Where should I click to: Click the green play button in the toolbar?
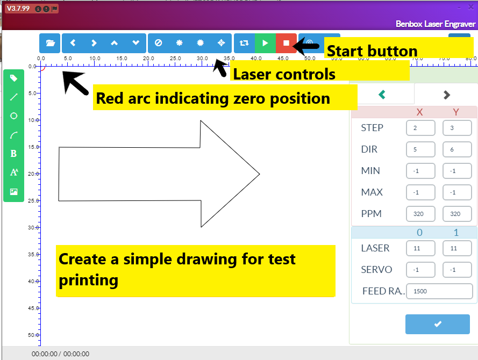[x=265, y=43]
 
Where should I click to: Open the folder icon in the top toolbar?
[x=50, y=43]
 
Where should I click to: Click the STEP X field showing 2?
[x=420, y=128]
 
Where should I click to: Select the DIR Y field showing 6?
[x=457, y=149]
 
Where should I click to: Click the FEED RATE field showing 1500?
[x=439, y=291]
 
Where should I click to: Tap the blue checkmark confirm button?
[x=437, y=324]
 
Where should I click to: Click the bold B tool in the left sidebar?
[x=14, y=154]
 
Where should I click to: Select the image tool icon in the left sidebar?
[x=14, y=192]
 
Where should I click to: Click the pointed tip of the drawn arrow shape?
[x=259, y=174]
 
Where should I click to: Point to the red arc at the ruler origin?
[x=43, y=68]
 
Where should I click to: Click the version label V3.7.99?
[x=18, y=9]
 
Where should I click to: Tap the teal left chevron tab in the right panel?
[x=382, y=95]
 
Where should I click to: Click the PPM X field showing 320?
[x=420, y=214]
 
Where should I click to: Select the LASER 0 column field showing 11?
[x=420, y=248]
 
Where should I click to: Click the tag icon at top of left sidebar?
[x=14, y=78]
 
